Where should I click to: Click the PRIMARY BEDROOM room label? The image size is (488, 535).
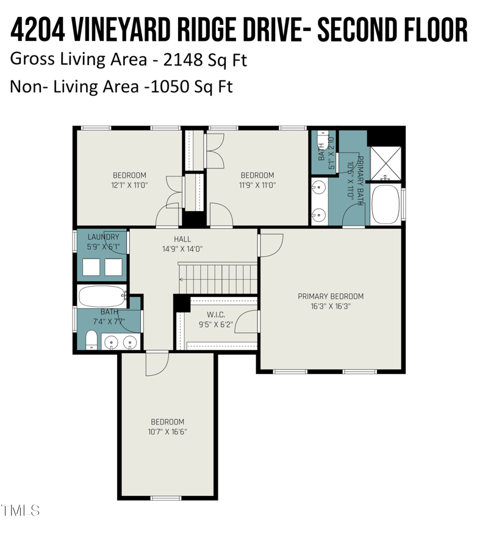(331, 296)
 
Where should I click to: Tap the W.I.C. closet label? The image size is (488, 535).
(216, 315)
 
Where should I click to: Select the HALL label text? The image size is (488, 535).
(182, 239)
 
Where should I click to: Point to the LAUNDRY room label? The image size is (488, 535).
(103, 237)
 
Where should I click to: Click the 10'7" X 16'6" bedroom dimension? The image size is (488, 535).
(168, 432)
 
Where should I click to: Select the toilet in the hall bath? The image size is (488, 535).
(91, 340)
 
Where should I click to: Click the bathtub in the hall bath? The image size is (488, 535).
(102, 297)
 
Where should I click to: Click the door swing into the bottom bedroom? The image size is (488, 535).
(157, 365)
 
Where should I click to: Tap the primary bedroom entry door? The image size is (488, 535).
(271, 245)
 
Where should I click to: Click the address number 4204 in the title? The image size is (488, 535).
(38, 29)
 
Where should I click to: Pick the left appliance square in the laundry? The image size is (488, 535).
(91, 267)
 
